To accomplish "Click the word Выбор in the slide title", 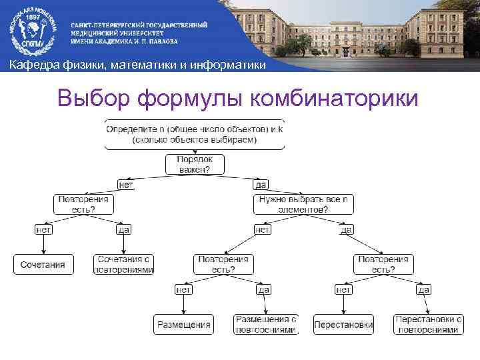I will (93, 99).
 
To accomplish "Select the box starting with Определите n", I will (194, 134).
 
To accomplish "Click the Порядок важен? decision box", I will (194, 165).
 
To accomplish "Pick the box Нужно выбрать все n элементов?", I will (303, 204).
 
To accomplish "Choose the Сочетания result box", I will (43, 265).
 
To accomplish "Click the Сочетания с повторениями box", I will (124, 265).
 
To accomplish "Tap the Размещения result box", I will (184, 325).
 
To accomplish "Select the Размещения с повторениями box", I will (265, 325).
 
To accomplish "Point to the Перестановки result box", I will (343, 325).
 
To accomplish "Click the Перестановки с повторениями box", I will (427, 325).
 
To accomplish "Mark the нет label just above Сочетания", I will (43, 229).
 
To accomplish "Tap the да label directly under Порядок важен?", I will (261, 185).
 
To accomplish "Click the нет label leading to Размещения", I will (184, 289).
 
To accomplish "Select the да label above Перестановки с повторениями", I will (424, 289).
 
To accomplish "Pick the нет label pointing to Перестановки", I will (343, 289).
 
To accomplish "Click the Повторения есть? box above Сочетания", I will (83, 204).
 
